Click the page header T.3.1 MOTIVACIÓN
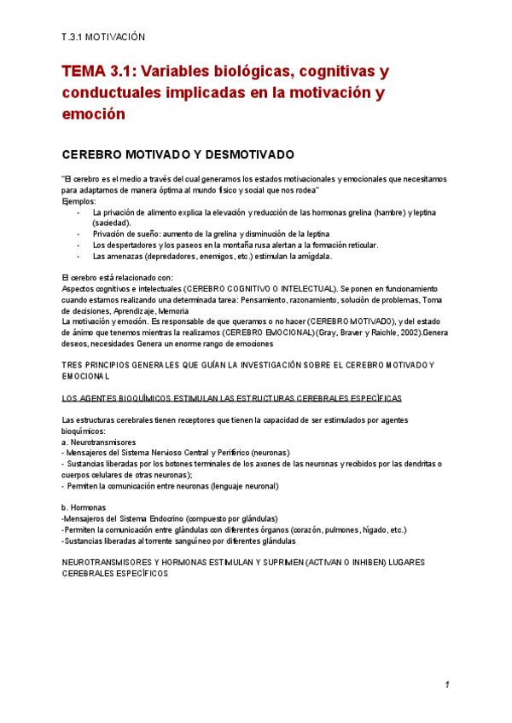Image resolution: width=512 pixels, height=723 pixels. (104, 38)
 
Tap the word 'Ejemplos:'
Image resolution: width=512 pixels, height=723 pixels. (79, 202)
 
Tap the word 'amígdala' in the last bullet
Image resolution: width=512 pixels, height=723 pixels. (310, 256)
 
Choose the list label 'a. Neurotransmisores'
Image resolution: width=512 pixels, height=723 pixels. (98, 442)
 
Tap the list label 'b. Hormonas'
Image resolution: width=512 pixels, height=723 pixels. (84, 508)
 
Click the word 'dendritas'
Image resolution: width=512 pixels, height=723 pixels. (414, 464)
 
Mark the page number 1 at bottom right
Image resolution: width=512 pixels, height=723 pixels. (446, 685)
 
